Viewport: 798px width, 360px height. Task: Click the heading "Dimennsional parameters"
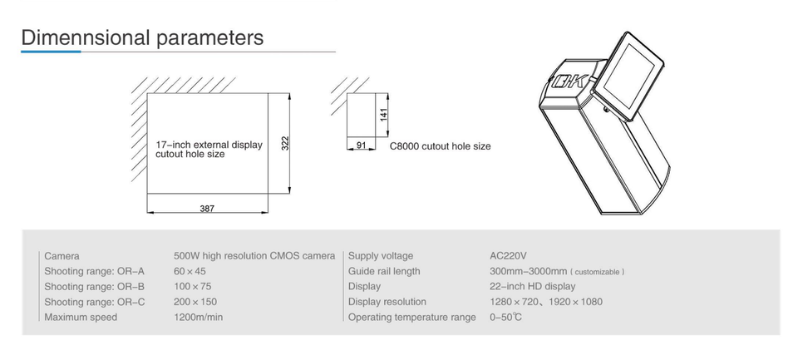(142, 37)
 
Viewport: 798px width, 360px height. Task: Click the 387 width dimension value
(207, 209)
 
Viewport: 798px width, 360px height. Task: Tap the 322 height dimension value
(285, 143)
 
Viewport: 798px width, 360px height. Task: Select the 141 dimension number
(384, 114)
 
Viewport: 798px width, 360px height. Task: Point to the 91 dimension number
(361, 145)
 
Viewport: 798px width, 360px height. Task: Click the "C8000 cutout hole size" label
(441, 146)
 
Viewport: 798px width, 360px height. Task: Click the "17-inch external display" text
(209, 145)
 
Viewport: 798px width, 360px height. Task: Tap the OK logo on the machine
(570, 81)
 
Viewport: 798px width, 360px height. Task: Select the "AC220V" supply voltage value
(508, 255)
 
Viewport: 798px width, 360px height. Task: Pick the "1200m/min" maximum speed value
(199, 318)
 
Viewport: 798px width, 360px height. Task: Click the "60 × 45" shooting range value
(190, 271)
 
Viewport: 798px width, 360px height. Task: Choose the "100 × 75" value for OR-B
(192, 287)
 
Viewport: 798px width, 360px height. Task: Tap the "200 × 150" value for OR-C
(195, 302)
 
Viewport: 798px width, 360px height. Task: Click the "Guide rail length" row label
(384, 271)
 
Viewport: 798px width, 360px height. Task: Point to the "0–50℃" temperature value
(506, 318)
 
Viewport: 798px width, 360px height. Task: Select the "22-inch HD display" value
(533, 287)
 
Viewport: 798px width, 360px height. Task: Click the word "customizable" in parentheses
(598, 272)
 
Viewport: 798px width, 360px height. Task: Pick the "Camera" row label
(62, 256)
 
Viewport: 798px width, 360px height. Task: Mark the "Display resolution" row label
(387, 302)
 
